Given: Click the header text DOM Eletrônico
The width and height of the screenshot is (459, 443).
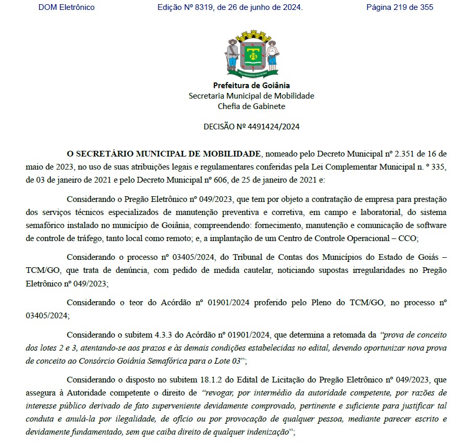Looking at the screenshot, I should [66, 7].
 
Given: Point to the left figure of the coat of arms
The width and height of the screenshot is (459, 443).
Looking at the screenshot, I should [233, 55].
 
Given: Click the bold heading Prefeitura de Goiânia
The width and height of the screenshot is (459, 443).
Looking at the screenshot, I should [251, 86].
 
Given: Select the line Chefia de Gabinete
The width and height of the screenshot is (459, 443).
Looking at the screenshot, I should [251, 106].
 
